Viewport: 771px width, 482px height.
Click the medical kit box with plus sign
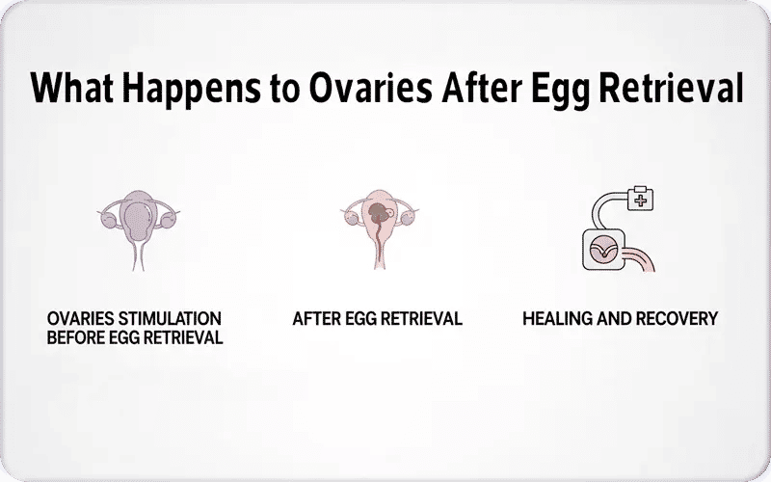tap(639, 200)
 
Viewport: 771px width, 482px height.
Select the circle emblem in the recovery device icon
tap(604, 250)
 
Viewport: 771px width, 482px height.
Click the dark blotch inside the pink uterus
tap(377, 214)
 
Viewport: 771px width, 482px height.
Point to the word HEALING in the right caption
tap(555, 318)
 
